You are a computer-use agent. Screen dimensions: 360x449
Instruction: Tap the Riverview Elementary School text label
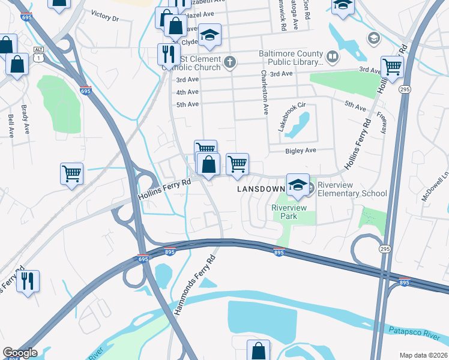tap(352, 189)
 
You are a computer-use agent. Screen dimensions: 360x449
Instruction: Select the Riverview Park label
tap(289, 212)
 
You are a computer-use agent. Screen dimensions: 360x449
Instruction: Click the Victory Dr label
tap(105, 16)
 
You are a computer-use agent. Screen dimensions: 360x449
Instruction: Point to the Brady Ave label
tap(25, 121)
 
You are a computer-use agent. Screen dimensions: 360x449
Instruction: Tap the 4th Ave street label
tap(187, 92)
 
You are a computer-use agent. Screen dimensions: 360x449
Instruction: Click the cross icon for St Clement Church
tap(229, 62)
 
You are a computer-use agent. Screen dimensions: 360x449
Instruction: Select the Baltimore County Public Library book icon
tap(332, 57)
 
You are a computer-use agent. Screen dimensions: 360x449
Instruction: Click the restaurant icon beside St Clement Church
tap(166, 54)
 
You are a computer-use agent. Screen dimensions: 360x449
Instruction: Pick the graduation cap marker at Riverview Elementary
tap(297, 185)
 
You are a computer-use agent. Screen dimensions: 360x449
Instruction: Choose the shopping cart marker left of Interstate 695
tap(72, 173)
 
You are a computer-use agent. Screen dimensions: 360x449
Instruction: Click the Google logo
tap(20, 353)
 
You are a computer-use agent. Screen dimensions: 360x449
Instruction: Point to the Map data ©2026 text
tap(423, 355)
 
